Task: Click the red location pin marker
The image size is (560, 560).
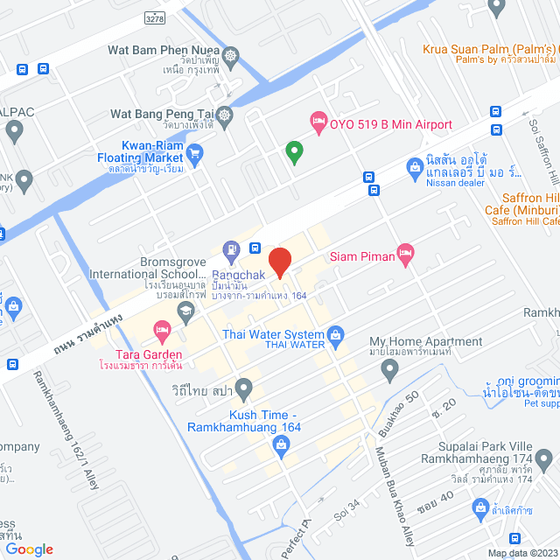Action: (x=279, y=262)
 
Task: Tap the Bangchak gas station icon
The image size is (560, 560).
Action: (x=231, y=249)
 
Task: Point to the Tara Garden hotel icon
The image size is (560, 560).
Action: (x=162, y=331)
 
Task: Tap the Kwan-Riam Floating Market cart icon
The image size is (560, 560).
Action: (x=195, y=152)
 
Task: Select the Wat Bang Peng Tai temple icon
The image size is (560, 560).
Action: (x=226, y=115)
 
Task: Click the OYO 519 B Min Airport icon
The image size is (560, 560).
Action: (x=318, y=120)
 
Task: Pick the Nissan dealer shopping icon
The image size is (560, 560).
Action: (x=416, y=166)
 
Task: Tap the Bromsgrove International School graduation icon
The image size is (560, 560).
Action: (x=185, y=311)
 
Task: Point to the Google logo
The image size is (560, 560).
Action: (x=29, y=549)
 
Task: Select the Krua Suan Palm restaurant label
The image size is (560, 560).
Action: (x=490, y=50)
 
